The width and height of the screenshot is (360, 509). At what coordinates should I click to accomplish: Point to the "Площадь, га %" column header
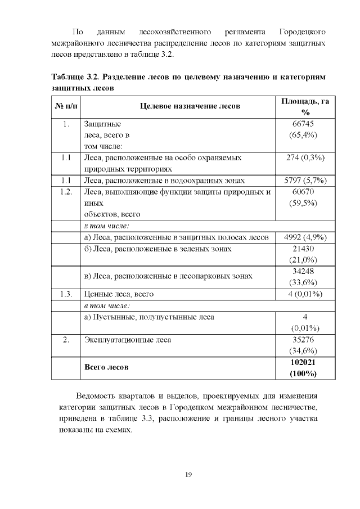tap(305, 106)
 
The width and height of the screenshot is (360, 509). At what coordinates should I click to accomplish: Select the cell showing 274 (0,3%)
tap(304, 158)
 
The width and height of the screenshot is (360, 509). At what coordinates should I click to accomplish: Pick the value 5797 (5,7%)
tap(304, 181)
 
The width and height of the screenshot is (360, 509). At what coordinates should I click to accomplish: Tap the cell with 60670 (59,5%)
tap(304, 197)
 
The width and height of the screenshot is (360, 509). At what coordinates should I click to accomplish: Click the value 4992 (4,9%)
tap(304, 237)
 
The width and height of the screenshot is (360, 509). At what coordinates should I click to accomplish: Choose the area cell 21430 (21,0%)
tap(304, 254)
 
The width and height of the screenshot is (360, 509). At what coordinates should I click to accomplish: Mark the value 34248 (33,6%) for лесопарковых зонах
tap(304, 276)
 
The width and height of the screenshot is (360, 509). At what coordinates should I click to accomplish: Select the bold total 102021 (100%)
tap(304, 367)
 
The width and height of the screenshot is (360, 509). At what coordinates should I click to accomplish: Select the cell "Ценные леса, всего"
tap(118, 294)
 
